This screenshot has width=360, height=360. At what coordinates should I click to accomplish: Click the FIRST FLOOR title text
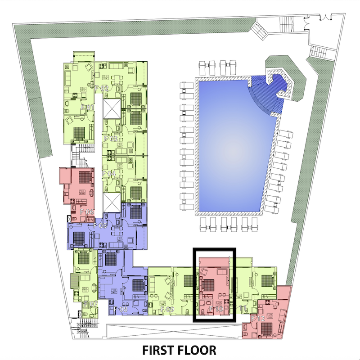[x=180, y=350]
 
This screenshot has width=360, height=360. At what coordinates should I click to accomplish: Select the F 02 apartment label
[x=102, y=89]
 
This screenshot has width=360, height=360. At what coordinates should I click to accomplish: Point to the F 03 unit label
[x=110, y=139]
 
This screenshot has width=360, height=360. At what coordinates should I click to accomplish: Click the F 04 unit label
[x=109, y=173]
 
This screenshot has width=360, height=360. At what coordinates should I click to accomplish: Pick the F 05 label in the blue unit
[x=99, y=225]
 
